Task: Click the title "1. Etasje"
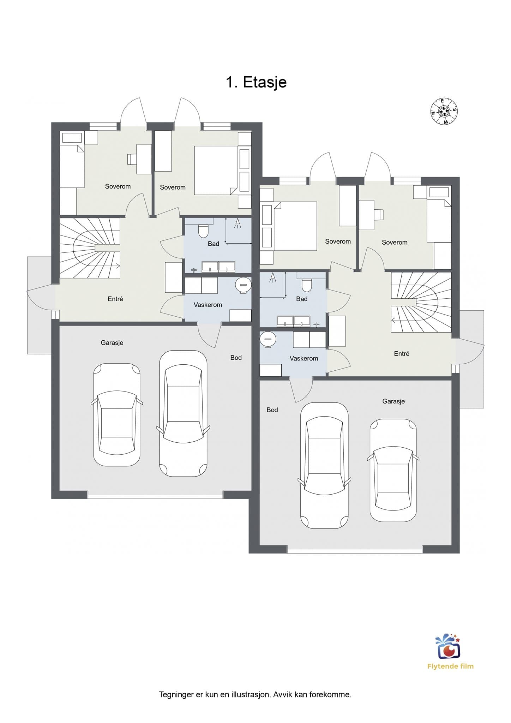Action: tap(256, 82)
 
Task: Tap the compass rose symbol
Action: tap(444, 111)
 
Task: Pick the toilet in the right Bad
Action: tap(307, 285)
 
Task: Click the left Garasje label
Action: tap(112, 342)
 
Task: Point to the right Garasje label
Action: tap(393, 401)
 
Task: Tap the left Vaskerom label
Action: tap(208, 305)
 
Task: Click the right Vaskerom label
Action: tap(304, 358)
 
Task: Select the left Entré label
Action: tap(115, 299)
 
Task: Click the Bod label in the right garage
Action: tap(272, 410)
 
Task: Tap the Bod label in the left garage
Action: tap(236, 358)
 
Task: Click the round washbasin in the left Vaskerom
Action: tap(243, 285)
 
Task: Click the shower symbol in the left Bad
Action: tap(238, 223)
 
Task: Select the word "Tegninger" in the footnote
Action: tap(176, 695)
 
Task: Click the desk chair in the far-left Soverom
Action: tap(132, 159)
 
